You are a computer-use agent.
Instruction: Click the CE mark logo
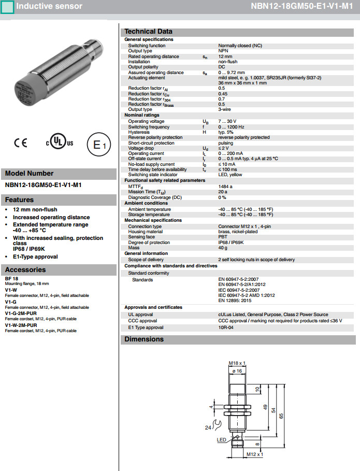[x=20, y=142]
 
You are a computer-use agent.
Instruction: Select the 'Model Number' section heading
[x=30, y=174]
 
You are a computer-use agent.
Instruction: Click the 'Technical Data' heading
[x=149, y=31]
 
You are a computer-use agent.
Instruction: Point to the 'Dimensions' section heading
[x=144, y=339]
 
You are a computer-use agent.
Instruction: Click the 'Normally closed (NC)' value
[x=240, y=46]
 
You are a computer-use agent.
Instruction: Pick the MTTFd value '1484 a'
[x=225, y=186]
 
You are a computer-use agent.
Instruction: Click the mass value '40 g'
[x=223, y=248]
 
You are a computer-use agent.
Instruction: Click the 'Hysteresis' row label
[x=140, y=132]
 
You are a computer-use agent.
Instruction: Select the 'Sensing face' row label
[x=142, y=237]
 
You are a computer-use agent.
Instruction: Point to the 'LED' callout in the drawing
[x=221, y=440]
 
